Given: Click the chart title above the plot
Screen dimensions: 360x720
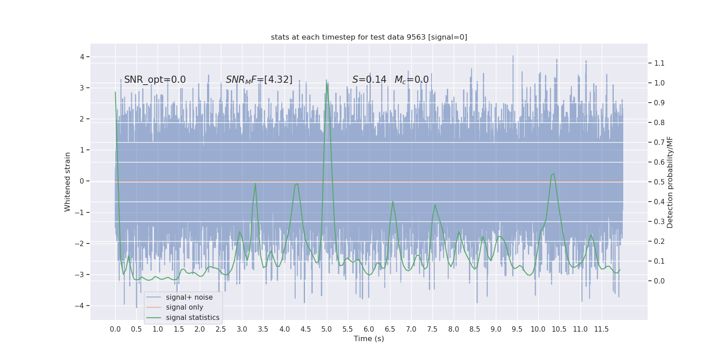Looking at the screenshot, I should coord(369,37).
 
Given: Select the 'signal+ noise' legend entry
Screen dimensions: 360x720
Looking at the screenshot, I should coord(189,297).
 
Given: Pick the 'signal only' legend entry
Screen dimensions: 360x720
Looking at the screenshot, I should coord(184,307).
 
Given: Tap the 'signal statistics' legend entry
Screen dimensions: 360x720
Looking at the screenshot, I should coord(193,318).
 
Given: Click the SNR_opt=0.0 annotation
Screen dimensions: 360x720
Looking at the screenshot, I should coord(155,80).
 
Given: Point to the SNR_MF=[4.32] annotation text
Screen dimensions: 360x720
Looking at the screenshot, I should coord(259,80).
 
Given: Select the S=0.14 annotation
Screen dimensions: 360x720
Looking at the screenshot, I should coord(369,80).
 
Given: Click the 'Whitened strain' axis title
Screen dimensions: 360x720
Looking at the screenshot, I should coord(67,182).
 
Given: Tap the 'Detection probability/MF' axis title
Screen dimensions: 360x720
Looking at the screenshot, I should coord(670,182).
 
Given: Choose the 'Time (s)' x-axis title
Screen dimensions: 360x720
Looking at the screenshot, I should coord(369,338).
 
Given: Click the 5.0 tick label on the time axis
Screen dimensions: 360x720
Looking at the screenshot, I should coord(327,329).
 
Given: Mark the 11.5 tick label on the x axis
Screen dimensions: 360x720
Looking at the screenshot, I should coord(601,329).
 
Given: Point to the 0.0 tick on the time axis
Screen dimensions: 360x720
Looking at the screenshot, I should coord(115,329).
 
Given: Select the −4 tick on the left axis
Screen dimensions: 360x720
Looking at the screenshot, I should coord(81,306).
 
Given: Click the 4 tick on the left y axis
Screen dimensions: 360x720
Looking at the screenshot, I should coord(82,57).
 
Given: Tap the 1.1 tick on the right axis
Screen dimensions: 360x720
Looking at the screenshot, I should coord(659,63).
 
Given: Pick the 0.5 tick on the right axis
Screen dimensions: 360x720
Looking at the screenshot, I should coord(659,182).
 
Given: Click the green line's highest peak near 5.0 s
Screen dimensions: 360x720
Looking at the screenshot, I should coord(327,83).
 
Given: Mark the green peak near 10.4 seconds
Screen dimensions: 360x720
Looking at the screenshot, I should coord(553,174).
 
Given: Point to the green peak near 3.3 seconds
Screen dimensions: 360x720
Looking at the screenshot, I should coord(255,183).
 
